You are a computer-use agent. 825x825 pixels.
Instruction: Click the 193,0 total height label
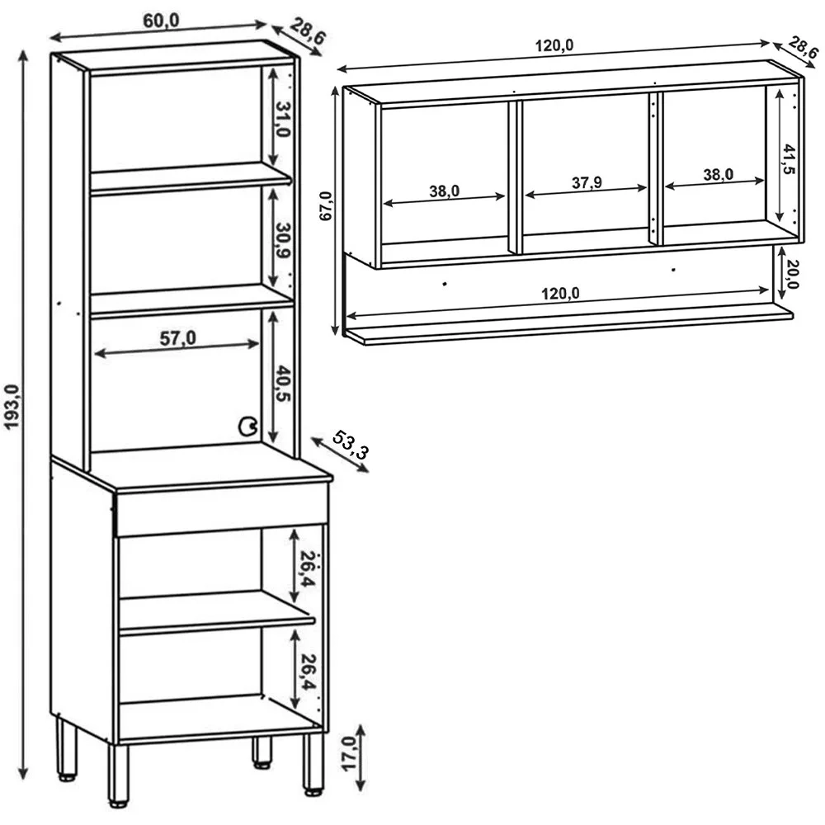12,407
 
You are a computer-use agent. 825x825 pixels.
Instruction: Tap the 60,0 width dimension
161,21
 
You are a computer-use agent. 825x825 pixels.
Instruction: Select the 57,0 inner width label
178,338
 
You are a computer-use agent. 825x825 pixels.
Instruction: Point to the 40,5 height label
282,384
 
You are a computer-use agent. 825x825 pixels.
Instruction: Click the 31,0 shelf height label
283,119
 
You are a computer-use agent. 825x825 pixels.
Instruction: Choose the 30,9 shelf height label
283,240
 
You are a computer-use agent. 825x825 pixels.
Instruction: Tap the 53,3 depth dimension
351,445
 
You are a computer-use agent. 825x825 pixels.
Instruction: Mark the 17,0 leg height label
349,754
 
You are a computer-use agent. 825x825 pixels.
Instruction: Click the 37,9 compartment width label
587,182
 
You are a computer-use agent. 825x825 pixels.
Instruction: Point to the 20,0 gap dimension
791,274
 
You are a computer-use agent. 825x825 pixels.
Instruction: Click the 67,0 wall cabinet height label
326,205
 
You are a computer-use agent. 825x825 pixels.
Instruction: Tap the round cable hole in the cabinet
247,427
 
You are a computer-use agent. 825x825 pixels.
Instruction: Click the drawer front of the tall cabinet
221,509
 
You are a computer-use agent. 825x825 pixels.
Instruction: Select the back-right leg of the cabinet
262,752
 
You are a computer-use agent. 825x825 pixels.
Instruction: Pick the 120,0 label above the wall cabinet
554,45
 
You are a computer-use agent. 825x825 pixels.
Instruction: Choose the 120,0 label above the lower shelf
560,293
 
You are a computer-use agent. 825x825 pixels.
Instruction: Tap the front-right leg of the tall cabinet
313,763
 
